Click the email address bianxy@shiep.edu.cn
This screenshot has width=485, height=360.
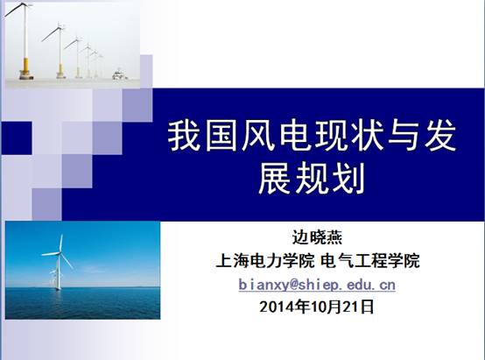[317, 285]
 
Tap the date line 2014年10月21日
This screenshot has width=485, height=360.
[317, 307]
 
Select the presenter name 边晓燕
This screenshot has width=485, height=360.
[317, 238]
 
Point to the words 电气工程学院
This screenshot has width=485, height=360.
[370, 261]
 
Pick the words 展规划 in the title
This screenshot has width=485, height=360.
[312, 179]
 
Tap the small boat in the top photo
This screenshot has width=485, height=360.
[119, 75]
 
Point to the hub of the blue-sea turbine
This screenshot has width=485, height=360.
[59, 253]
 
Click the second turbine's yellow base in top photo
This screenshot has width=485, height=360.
[61, 71]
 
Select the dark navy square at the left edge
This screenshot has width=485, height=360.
[17, 138]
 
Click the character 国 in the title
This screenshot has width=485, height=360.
[222, 136]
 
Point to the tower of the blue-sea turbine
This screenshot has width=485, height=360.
[58, 272]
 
